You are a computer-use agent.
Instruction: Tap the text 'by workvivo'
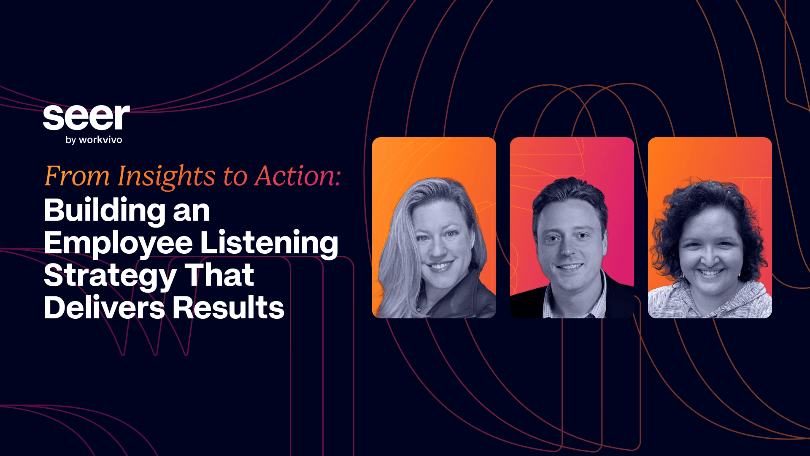click(x=94, y=140)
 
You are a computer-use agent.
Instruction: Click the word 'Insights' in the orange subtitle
click(x=166, y=176)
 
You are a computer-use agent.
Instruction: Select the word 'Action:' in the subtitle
click(x=297, y=176)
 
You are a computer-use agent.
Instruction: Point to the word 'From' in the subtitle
click(x=77, y=176)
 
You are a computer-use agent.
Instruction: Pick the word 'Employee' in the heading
click(x=119, y=244)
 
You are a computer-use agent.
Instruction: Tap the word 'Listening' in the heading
click(x=269, y=244)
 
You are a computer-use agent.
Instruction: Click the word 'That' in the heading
click(x=219, y=275)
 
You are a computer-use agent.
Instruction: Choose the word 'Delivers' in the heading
click(x=104, y=307)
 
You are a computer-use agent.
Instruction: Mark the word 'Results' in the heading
click(x=228, y=307)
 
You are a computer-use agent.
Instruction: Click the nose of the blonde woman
click(x=437, y=250)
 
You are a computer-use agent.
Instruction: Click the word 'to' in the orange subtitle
click(x=235, y=177)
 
